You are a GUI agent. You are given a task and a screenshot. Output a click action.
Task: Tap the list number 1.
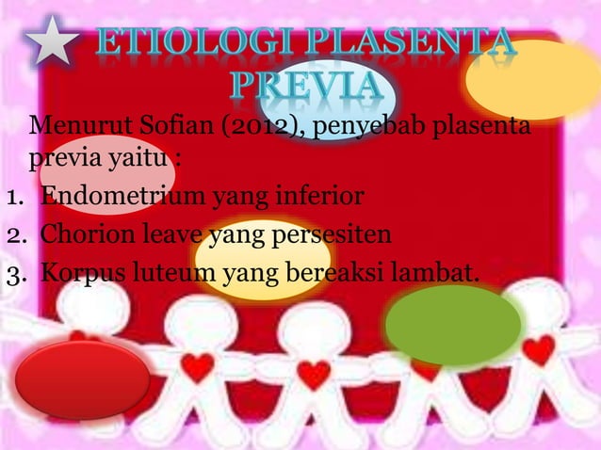tap(13, 198)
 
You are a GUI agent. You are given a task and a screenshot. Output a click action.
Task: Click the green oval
tap(453, 326)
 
